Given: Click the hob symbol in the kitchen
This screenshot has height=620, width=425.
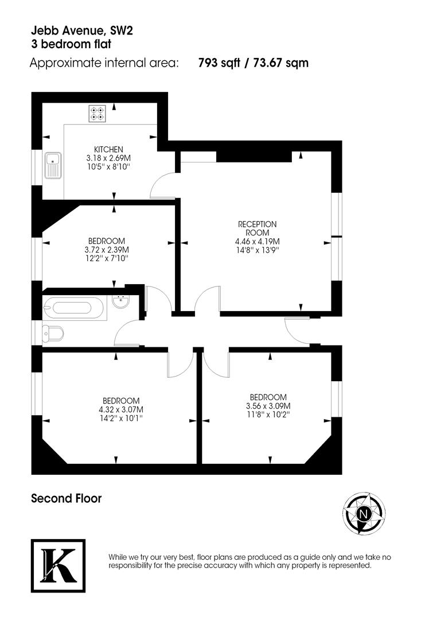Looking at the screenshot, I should [96, 113].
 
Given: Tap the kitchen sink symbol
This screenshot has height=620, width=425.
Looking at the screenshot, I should [52, 166].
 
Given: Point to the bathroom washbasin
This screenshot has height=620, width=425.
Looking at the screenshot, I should [121, 301].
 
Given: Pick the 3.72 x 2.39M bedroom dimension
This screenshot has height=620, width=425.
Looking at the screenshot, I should [108, 250].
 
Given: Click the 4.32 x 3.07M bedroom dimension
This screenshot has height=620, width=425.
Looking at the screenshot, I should [121, 409].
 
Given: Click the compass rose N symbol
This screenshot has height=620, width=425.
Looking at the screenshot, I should [362, 514].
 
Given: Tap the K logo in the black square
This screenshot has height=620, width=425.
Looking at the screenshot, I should [58, 566].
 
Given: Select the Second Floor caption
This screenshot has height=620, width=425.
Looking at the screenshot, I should [66, 498].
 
